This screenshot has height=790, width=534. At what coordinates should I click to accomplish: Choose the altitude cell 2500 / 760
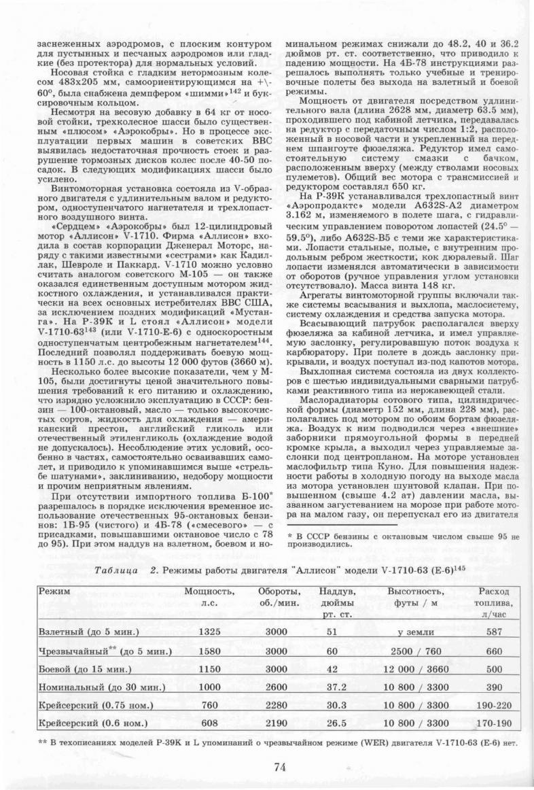tap(416, 650)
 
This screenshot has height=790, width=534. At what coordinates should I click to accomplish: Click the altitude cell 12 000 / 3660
tap(416, 668)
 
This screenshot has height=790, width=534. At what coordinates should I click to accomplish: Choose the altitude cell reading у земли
tap(416, 632)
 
